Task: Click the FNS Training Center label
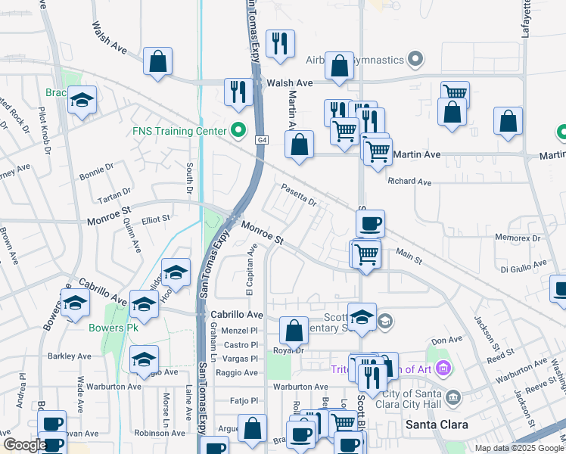coord(179,131)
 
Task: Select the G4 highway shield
coord(261,140)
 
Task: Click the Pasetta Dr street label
coord(298,194)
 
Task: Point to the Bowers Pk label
coord(111,328)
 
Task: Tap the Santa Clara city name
coord(436,424)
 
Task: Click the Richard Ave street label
coord(409,182)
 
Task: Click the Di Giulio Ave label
coord(523,266)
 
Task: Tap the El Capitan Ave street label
coord(250,270)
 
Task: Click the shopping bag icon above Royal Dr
coord(294,330)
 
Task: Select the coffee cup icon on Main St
coord(371,223)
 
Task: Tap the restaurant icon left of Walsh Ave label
coord(238,92)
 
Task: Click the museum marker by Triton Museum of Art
coord(443,368)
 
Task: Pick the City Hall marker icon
coord(452,396)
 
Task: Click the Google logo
coord(25,444)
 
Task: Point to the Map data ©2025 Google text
coord(518,448)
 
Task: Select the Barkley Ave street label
coord(70,356)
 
